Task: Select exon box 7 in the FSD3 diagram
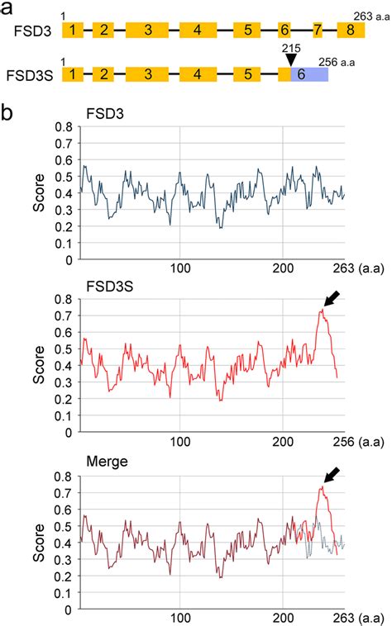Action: coord(318,31)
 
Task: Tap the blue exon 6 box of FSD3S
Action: coord(308,73)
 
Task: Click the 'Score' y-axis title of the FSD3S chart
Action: coord(38,368)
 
